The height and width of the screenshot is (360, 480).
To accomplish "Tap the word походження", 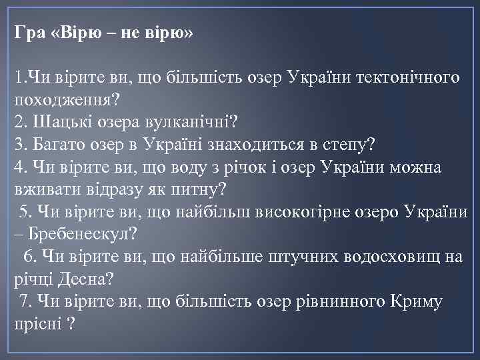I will point(61,101).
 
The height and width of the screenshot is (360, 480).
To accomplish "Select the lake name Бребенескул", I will point(86,235).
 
